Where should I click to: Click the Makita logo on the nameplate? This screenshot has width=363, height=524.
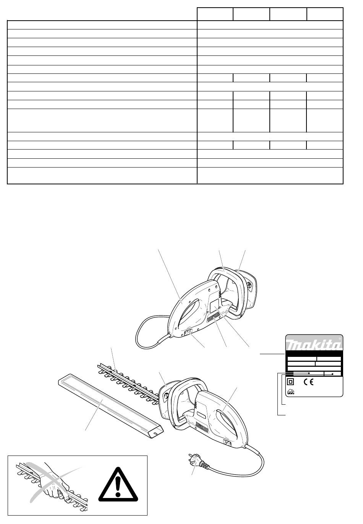[x=313, y=345]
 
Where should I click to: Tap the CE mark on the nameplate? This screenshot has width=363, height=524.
[x=308, y=382]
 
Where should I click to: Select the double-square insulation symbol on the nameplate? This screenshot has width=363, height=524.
[x=291, y=382]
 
